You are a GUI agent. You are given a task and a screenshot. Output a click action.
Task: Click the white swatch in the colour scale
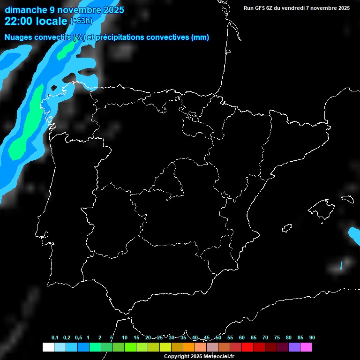[x=48, y=347]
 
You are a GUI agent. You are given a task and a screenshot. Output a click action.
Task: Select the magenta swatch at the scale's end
[x=306, y=347]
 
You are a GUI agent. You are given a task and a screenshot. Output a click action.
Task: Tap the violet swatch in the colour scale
[x=294, y=347]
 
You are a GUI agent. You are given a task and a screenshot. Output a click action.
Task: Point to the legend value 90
[x=312, y=337]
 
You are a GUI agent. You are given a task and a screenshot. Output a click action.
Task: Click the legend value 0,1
[x=55, y=337]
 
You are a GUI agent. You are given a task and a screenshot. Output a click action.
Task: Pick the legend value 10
[x=125, y=337]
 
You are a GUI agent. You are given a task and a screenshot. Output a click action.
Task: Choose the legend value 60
[x=242, y=337]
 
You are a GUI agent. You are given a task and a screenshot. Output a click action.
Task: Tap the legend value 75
[x=277, y=337]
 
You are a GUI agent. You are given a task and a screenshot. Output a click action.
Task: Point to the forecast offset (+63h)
[x=81, y=21]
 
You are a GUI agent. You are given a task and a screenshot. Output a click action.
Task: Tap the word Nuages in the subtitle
[x=18, y=37]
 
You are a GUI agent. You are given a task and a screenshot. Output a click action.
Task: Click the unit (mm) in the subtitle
[x=200, y=37]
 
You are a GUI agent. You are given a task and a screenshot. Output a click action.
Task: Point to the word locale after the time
[x=51, y=21]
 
